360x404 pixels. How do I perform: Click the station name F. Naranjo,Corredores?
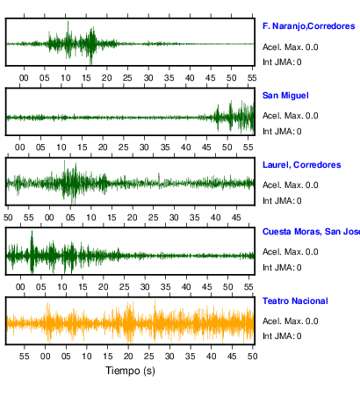[x=309, y=26]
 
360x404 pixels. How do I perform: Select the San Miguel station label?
[x=285, y=96]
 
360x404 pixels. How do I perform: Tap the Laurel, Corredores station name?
[x=302, y=165]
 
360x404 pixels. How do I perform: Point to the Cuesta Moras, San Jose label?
[x=311, y=232]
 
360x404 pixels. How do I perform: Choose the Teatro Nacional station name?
[x=295, y=301]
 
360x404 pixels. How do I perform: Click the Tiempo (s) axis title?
[x=130, y=371]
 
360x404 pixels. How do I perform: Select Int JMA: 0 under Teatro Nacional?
[x=282, y=335]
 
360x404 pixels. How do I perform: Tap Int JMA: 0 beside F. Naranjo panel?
[x=282, y=62]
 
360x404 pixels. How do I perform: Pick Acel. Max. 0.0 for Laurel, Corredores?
[x=291, y=185]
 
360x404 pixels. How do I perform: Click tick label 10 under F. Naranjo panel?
[x=66, y=78]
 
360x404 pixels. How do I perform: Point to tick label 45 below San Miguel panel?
[x=206, y=147]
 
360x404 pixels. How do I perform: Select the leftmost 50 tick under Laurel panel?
[x=8, y=218]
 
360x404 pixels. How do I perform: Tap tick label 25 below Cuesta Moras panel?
[x=124, y=286]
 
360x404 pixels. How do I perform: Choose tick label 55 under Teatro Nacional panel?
[x=25, y=357]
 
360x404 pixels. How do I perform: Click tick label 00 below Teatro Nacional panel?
[x=45, y=357]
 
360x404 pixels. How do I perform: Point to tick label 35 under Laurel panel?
[x=195, y=218]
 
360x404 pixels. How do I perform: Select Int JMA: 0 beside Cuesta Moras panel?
[x=282, y=268]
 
